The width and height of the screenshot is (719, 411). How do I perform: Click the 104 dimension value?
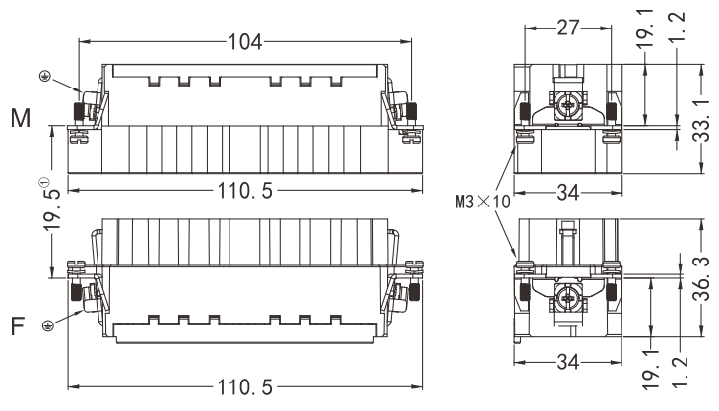point(245,42)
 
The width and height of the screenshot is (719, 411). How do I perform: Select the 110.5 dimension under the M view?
point(245,191)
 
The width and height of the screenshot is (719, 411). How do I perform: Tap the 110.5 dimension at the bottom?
point(245,387)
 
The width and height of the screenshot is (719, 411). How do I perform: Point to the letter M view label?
point(21,118)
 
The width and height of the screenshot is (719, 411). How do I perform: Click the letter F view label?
point(18,326)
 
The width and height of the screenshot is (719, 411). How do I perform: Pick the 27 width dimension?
point(568,28)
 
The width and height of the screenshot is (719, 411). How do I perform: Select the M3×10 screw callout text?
point(483,202)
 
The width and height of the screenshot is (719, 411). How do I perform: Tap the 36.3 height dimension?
point(702,278)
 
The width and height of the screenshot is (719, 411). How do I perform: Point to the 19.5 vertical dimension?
point(53,206)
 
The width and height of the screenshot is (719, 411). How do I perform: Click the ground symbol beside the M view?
point(45,77)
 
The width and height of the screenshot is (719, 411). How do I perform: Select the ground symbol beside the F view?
point(47,325)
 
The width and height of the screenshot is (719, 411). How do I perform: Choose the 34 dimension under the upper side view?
point(568,193)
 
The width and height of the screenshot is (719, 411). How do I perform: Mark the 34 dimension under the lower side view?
point(568,362)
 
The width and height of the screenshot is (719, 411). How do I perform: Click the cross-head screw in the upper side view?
point(568,106)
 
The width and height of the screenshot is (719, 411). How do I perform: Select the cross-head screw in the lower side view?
point(568,298)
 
